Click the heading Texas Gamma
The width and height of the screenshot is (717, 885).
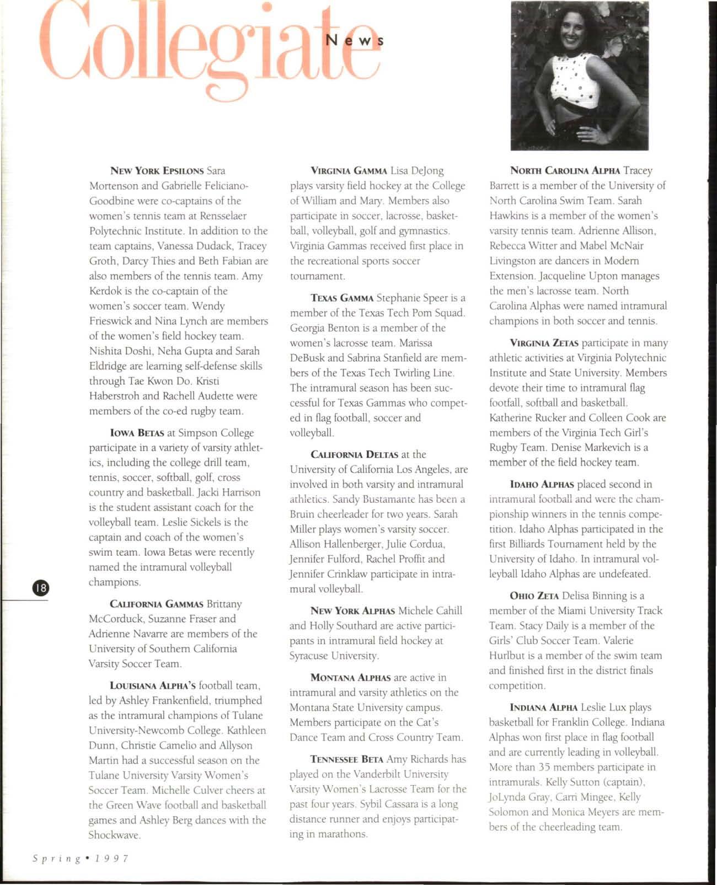pyautogui.click(x=342, y=298)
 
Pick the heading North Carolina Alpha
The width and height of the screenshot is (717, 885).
pyautogui.click(x=566, y=171)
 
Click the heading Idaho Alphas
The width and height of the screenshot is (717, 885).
pyautogui.click(x=542, y=485)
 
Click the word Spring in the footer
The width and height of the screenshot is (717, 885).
pyautogui.click(x=55, y=859)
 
